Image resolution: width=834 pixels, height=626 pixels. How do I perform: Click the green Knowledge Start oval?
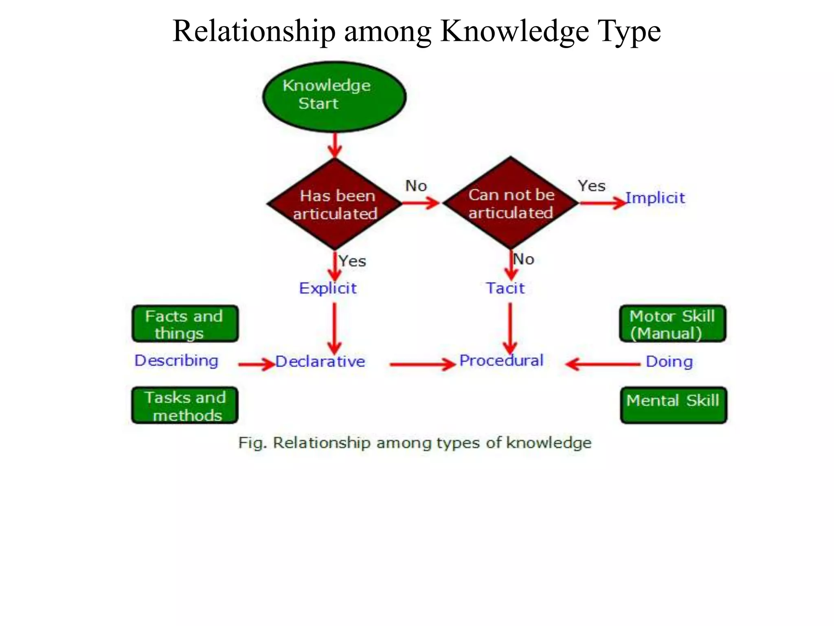pyautogui.click(x=334, y=97)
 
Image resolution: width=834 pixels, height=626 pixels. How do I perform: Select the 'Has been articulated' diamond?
pyautogui.click(x=335, y=204)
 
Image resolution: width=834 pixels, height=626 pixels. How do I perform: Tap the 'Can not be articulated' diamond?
pyautogui.click(x=511, y=203)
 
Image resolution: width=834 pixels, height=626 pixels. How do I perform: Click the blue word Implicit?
pyautogui.click(x=655, y=198)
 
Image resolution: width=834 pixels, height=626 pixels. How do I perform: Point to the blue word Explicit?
pyautogui.click(x=328, y=288)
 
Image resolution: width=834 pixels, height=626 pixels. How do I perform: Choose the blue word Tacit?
pyautogui.click(x=505, y=288)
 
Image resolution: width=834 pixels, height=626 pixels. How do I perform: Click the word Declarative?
pyautogui.click(x=320, y=361)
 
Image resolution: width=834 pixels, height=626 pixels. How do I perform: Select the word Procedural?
pyautogui.click(x=501, y=361)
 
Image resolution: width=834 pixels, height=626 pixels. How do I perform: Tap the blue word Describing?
pyautogui.click(x=176, y=361)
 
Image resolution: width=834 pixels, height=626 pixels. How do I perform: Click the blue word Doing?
pyautogui.click(x=669, y=362)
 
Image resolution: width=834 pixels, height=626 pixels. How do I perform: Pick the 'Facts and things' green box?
pyautogui.click(x=185, y=324)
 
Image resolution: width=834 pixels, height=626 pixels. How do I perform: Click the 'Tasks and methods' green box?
pyautogui.click(x=185, y=406)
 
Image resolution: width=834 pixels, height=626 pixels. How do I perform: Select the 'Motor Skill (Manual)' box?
pyautogui.click(x=673, y=324)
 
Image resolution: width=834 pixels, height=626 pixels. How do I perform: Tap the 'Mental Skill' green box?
pyautogui.click(x=674, y=405)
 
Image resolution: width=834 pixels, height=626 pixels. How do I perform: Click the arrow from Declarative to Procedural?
pyautogui.click(x=422, y=364)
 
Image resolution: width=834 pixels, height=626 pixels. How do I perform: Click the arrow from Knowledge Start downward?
pyautogui.click(x=335, y=145)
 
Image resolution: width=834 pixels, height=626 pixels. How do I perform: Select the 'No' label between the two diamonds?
pyautogui.click(x=416, y=186)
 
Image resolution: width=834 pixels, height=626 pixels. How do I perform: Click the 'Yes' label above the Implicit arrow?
pyautogui.click(x=591, y=186)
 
